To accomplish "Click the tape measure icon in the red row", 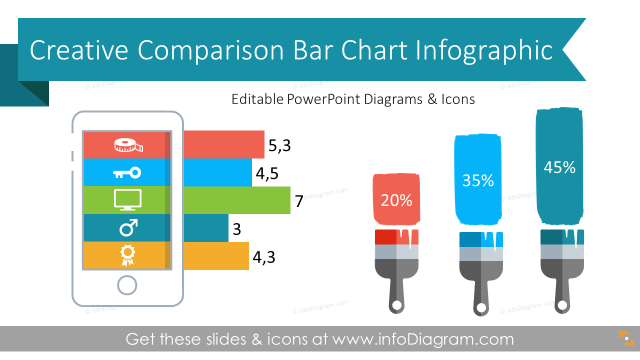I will [128, 145].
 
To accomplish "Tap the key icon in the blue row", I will [127, 173].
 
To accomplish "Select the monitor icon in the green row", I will [127, 200].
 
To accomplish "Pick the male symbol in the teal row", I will [128, 228].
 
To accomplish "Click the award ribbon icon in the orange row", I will [127, 255].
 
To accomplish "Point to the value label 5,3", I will [279, 145].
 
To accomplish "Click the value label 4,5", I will [267, 173].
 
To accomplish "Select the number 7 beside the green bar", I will [299, 201].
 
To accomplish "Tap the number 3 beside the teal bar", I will [237, 229].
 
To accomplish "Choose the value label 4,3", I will [263, 257].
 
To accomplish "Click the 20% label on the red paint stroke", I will [396, 200].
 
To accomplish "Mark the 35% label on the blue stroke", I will [478, 181].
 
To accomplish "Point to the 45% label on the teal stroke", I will [559, 167].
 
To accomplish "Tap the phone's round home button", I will [127, 285].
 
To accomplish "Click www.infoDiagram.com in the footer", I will [423, 339].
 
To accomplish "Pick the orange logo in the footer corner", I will [626, 338].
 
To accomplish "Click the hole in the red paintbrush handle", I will [396, 305].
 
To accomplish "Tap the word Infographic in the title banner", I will [484, 50].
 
